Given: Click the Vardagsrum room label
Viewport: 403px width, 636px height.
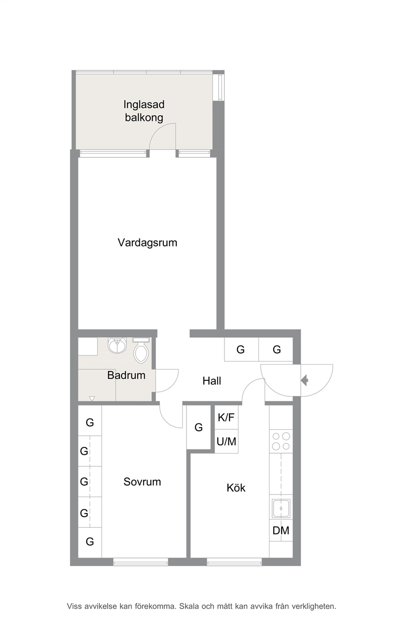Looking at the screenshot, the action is pyautogui.click(x=147, y=243).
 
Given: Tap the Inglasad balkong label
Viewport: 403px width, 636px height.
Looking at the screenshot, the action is pyautogui.click(x=144, y=111).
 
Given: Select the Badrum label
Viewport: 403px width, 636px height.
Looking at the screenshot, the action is pyautogui.click(x=126, y=376).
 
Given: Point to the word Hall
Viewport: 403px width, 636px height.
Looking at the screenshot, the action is pyautogui.click(x=212, y=381).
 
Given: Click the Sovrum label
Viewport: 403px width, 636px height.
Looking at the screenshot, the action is pyautogui.click(x=142, y=482).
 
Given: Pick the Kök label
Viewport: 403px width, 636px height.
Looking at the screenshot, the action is pyautogui.click(x=236, y=488).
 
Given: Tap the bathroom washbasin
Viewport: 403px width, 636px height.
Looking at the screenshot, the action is pyautogui.click(x=117, y=345).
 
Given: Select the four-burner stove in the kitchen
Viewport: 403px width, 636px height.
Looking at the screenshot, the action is pyautogui.click(x=281, y=441).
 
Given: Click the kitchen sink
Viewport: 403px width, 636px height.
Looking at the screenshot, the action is pyautogui.click(x=281, y=508).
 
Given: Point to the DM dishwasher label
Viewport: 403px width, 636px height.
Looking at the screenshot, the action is pyautogui.click(x=281, y=530).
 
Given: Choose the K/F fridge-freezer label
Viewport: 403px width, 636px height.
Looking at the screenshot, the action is pyautogui.click(x=226, y=417).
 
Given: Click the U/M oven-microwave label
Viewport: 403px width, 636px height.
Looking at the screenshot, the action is pyautogui.click(x=226, y=441).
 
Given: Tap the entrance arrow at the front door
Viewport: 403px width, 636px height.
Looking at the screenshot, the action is pyautogui.click(x=305, y=380).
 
